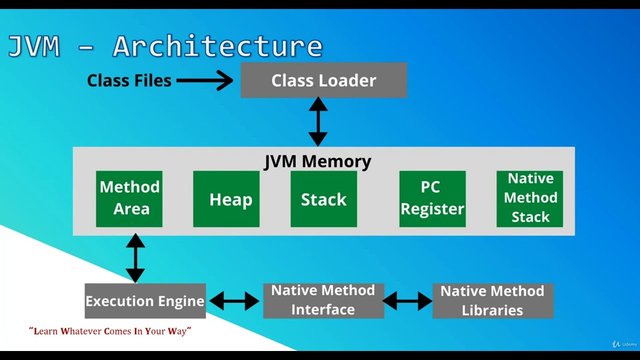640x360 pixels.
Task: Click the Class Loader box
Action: (323, 80)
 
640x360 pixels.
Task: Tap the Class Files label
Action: (129, 80)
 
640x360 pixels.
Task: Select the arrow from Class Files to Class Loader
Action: (204, 80)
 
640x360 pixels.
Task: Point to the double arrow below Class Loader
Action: (318, 121)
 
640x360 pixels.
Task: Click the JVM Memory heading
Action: (317, 161)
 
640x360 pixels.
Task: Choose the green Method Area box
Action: (129, 198)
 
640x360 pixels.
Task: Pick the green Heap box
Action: (226, 199)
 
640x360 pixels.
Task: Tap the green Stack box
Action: (323, 199)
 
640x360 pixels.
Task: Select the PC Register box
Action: (432, 198)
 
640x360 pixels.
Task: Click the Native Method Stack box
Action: (529, 198)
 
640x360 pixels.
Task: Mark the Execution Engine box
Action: (145, 301)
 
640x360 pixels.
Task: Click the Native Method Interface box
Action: (323, 300)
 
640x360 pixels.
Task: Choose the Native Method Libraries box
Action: (492, 301)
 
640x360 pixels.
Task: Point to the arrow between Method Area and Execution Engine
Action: (135, 258)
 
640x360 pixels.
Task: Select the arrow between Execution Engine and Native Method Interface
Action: (234, 301)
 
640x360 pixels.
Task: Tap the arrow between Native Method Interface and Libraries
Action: (407, 301)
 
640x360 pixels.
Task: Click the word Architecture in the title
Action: (217, 46)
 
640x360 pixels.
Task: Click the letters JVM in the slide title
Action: (34, 46)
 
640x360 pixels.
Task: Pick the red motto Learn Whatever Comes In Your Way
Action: (110, 331)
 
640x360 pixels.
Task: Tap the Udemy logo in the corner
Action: (625, 344)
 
